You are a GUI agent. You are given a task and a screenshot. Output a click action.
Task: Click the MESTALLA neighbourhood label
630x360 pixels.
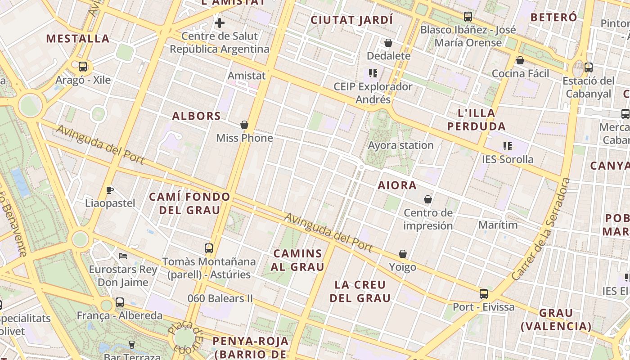click(x=78, y=39)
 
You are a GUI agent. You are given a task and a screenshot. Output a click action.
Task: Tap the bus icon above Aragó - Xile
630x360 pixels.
click(x=83, y=67)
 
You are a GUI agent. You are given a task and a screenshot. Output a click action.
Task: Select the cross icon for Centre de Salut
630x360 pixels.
click(x=220, y=22)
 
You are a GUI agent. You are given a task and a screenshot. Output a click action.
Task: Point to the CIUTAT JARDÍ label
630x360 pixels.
click(x=352, y=20)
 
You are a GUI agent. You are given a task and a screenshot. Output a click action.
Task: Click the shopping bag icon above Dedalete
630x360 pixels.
click(x=388, y=43)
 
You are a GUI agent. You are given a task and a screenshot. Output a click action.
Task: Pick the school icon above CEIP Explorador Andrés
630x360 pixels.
click(x=373, y=73)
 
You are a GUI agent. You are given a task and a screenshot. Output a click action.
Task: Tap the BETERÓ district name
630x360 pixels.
click(x=553, y=18)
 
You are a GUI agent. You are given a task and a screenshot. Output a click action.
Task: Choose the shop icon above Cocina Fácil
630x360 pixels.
click(x=520, y=60)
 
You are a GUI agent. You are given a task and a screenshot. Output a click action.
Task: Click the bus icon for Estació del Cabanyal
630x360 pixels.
click(x=589, y=67)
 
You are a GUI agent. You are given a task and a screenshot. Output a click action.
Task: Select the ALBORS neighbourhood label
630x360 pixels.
click(x=197, y=116)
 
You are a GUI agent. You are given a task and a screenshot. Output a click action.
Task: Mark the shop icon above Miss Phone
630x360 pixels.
click(x=244, y=125)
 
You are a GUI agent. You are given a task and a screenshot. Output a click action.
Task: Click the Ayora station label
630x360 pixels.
click(x=400, y=145)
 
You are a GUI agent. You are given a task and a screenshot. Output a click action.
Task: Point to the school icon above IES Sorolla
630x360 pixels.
click(x=508, y=146)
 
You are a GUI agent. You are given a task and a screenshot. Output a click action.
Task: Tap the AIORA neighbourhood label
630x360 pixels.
click(x=397, y=185)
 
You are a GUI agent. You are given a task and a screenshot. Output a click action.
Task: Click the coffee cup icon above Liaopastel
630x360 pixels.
click(x=110, y=190)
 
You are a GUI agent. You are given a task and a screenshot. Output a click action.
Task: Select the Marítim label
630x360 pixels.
click(x=498, y=225)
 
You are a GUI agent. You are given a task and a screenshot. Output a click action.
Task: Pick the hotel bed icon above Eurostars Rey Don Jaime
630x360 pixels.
click(x=123, y=256)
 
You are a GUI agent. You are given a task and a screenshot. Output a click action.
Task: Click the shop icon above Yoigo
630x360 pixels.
click(x=403, y=254)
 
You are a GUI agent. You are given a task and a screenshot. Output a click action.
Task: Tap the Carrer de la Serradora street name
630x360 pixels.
click(x=541, y=229)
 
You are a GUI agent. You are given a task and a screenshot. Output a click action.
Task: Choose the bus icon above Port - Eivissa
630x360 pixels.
click(x=484, y=294)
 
